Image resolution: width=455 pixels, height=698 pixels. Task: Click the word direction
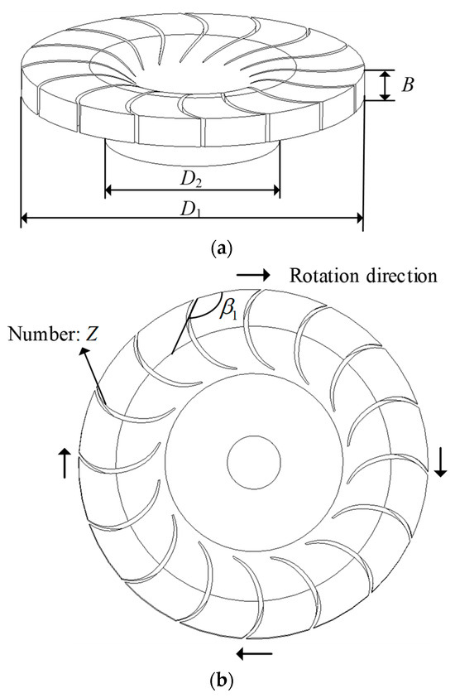click(x=399, y=275)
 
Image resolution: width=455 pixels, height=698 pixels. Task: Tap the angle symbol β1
click(x=226, y=309)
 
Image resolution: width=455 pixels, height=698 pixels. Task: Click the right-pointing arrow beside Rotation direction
click(x=253, y=273)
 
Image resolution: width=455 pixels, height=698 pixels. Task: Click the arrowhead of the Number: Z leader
click(x=83, y=352)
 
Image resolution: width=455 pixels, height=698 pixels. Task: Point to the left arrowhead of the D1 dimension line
click(x=24, y=219)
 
